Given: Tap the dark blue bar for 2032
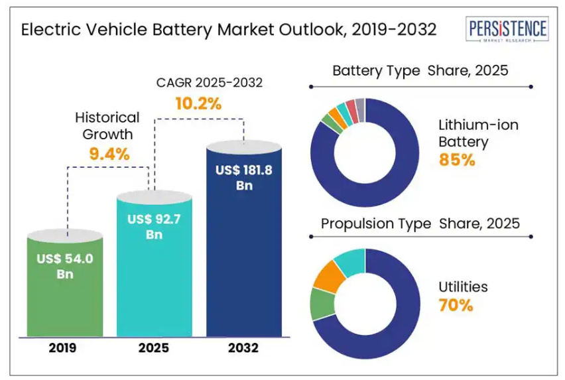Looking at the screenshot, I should pos(244,252).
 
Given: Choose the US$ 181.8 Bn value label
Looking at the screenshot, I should pos(244,178).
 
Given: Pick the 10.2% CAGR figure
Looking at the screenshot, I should pos(198,103).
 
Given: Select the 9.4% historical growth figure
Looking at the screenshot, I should pos(109,155).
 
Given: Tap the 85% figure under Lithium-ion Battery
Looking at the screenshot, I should pos(457,160).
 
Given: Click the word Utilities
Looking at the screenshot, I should pos(463,287).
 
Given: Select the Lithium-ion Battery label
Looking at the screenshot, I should pos(478,133).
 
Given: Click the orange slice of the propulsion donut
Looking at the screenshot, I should pos(326,277).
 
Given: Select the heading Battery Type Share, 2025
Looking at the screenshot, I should pos(420,70).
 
